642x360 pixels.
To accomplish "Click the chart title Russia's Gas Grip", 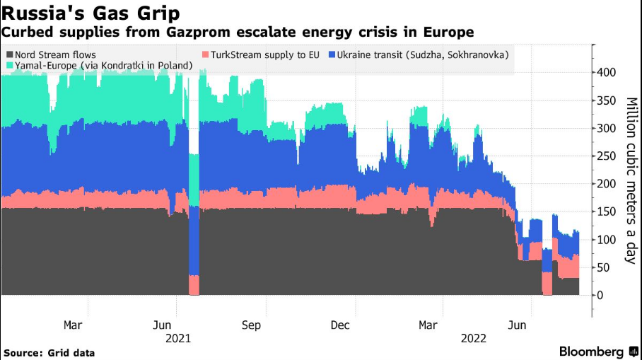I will (91, 13).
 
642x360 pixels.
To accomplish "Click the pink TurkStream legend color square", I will (206, 54).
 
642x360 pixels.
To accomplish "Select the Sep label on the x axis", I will (251, 325).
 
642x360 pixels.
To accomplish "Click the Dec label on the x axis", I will (341, 325).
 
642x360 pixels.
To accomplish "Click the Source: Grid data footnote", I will (49, 352).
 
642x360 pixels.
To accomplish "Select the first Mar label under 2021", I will (72, 325).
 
